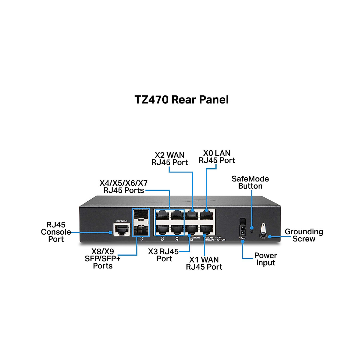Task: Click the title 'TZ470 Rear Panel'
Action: pos(181,100)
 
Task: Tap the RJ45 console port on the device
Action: pos(122,229)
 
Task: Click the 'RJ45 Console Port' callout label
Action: pos(56,232)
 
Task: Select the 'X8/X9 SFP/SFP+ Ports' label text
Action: pos(103,259)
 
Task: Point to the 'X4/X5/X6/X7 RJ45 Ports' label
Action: pos(124,187)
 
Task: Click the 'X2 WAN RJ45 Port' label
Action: pos(169,159)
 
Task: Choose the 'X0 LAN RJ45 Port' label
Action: pos(217,157)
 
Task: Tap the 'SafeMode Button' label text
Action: pos(250,182)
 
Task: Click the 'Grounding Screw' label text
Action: pos(304,235)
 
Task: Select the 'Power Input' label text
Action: pos(265,259)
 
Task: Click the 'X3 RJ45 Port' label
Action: pos(163,255)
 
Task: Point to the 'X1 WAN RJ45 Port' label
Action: pos(204,263)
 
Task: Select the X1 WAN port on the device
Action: pos(207,230)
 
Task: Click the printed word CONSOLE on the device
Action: pos(121,221)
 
